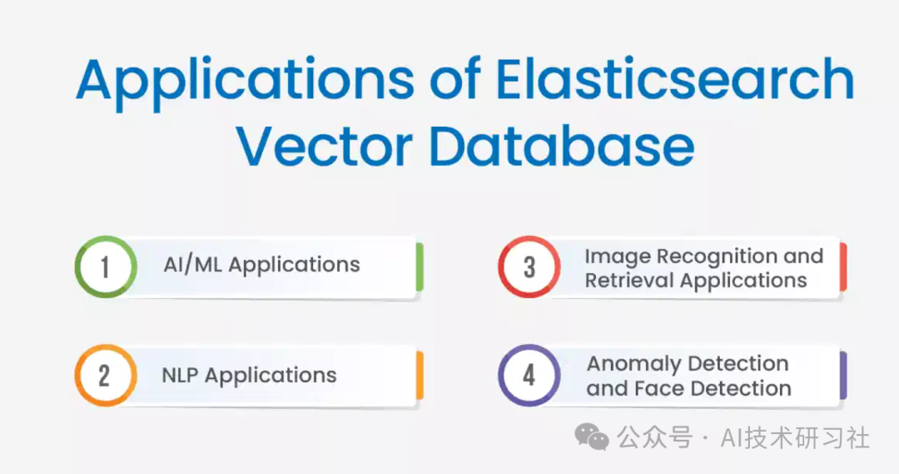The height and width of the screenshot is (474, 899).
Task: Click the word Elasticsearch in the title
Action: [675, 80]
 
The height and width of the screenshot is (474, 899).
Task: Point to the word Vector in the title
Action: [325, 147]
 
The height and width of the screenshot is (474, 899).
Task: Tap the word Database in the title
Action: [562, 145]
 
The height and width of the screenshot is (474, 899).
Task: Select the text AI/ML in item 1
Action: [192, 265]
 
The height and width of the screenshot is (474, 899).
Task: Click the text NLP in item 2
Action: [180, 376]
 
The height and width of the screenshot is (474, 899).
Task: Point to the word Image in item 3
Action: [617, 257]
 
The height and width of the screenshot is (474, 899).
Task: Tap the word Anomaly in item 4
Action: [634, 365]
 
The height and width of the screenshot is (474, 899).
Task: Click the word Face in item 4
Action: [655, 388]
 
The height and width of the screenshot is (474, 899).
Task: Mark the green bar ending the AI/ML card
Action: [420, 267]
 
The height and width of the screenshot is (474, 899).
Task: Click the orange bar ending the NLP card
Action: [420, 376]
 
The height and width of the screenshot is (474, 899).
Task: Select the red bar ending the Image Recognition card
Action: [843, 267]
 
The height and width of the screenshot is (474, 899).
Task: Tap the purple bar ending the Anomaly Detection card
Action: [843, 376]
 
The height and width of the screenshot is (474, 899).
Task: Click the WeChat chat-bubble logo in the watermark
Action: [592, 437]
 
